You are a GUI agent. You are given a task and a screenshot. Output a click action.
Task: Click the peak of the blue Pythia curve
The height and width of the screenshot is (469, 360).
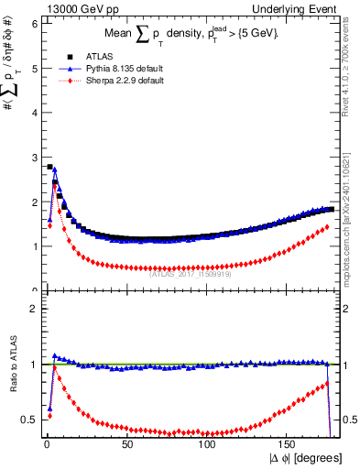pyautogui.click(x=55, y=169)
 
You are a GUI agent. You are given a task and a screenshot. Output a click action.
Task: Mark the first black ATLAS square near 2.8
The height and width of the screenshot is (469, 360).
pyautogui.click(x=49, y=167)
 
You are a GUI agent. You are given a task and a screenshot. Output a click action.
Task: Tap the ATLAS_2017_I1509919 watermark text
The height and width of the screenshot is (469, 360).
pyautogui.click(x=191, y=272)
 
